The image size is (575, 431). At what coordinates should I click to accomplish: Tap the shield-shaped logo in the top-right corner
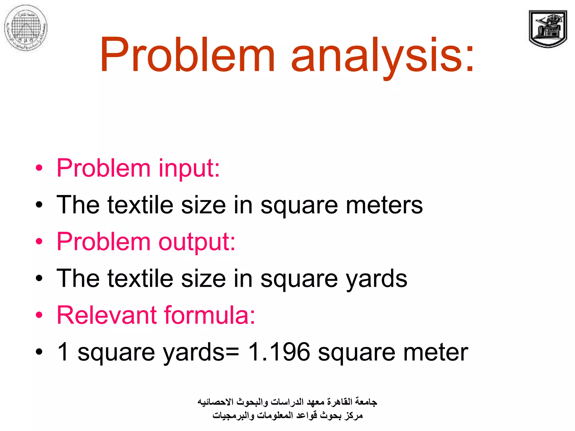pos(547,29)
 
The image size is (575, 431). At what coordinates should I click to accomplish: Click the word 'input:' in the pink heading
pos(189,168)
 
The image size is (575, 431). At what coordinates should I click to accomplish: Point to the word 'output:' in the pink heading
pos(197,242)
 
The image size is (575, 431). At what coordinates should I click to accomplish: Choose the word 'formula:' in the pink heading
pos(209,315)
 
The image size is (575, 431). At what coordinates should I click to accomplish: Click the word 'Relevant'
pos(107,315)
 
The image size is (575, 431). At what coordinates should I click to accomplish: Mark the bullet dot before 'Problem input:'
pos(39,168)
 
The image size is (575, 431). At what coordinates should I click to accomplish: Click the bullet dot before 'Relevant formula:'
pos(39,315)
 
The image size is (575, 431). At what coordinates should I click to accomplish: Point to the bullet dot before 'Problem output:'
pos(39,242)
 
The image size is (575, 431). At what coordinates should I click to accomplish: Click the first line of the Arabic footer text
pos(287,402)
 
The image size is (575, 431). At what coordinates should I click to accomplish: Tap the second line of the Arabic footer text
pos(287,415)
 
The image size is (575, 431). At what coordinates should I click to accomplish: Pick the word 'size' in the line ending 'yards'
pos(203,279)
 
